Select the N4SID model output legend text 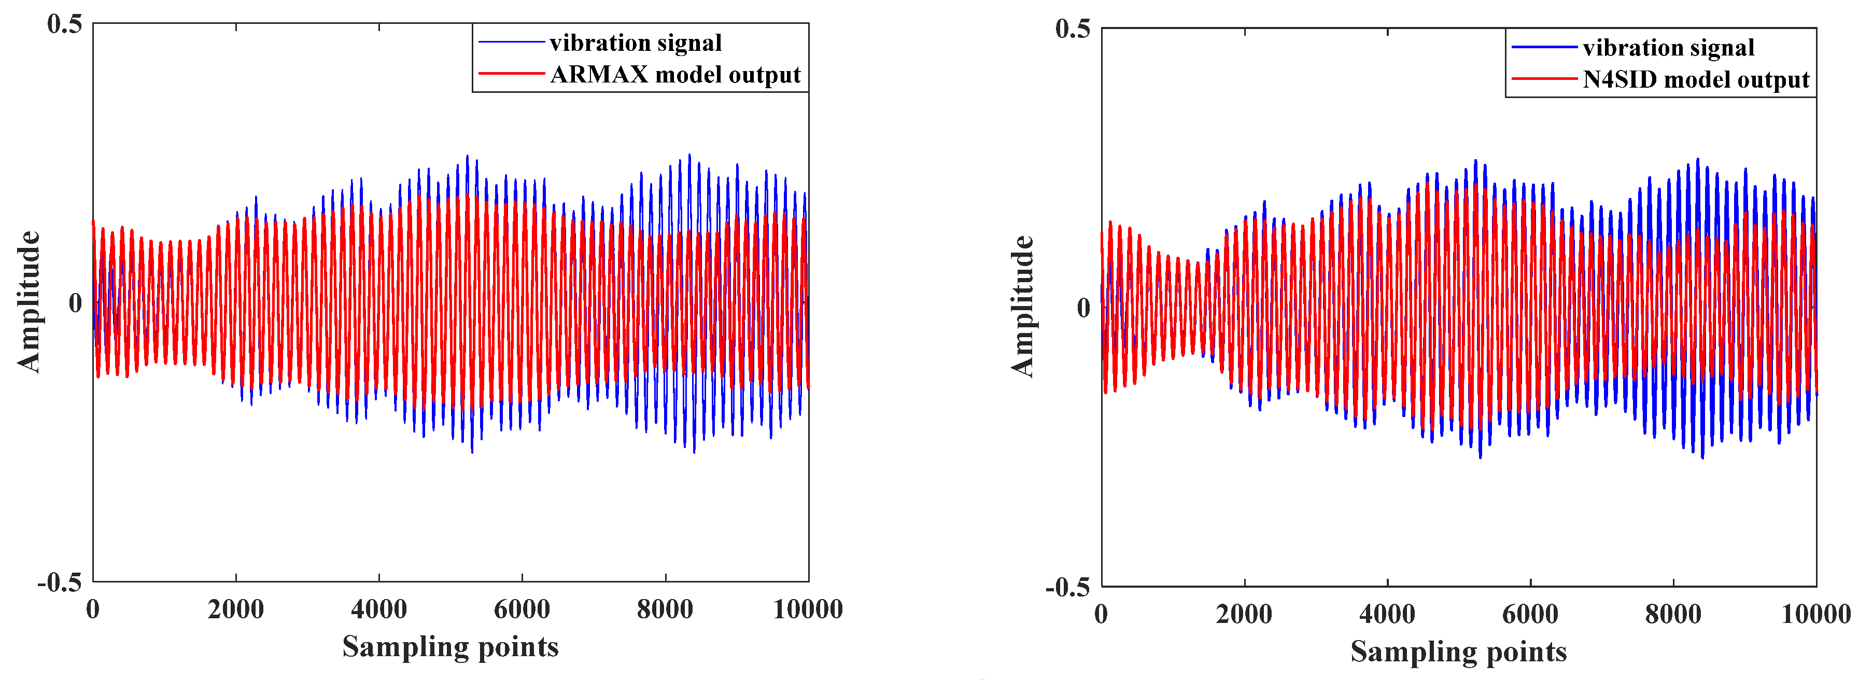point(1695,79)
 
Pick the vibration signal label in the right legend point(1668,48)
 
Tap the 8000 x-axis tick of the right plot point(1673,614)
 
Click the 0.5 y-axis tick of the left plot point(65,24)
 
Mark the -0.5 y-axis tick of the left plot point(60,582)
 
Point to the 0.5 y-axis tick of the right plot point(1073,29)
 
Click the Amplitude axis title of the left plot point(29,302)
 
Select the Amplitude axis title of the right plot point(1022,307)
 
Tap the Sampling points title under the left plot point(450,647)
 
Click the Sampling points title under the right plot point(1458,652)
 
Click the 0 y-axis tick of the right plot point(1083,308)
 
